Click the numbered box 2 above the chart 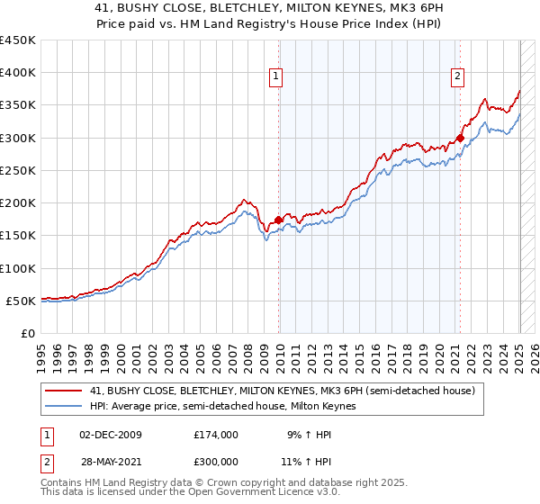tap(458, 76)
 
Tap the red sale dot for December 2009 tap(279, 219)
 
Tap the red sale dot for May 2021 tap(460, 138)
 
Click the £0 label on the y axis tap(27, 333)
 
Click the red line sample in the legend tap(63, 390)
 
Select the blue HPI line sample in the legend tap(63, 406)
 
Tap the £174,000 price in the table tap(215, 434)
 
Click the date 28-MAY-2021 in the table tap(111, 461)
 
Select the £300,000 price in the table tap(215, 461)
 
